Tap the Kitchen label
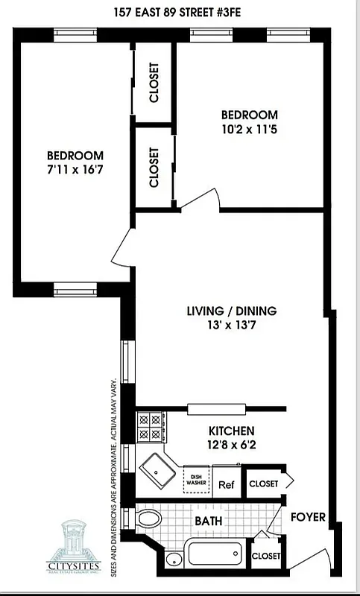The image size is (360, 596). click(231, 431)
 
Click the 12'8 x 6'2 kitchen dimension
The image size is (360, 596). click(231, 444)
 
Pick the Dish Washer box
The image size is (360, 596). click(197, 479)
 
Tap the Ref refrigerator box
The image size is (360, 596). click(227, 484)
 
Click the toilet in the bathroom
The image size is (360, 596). click(149, 517)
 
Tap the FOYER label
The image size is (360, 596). click(308, 517)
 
